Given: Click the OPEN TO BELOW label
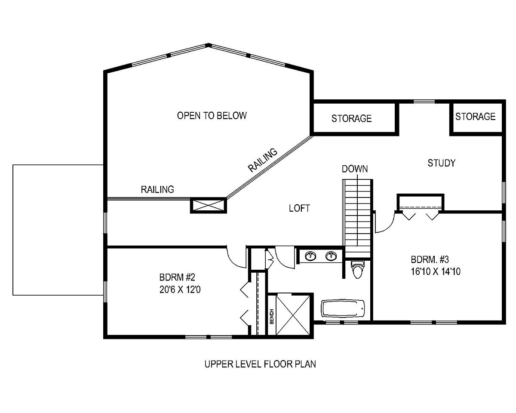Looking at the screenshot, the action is tap(212, 116).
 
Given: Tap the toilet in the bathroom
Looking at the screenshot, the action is tap(357, 269).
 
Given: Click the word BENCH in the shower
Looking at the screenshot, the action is tap(272, 316).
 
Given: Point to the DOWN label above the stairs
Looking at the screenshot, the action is tap(355, 169).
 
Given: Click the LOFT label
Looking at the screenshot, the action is tap(299, 208).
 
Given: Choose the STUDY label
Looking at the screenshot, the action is tap(442, 163).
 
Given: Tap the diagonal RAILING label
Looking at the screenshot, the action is tap(263, 160).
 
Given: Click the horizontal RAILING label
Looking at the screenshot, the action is tap(157, 190).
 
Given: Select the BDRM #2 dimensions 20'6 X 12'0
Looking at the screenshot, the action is tap(180, 290).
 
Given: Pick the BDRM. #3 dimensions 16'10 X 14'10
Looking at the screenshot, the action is tap(436, 271).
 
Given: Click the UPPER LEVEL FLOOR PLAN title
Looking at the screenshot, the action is tap(260, 364).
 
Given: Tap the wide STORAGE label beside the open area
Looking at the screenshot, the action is tap(351, 119).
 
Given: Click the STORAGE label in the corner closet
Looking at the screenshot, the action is tap(475, 117).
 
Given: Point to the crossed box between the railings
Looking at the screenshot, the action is tap(209, 205).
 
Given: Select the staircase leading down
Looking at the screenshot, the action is tap(357, 219).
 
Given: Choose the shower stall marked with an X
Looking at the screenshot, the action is tap(293, 315).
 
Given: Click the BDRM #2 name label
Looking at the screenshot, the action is tap(177, 277).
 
